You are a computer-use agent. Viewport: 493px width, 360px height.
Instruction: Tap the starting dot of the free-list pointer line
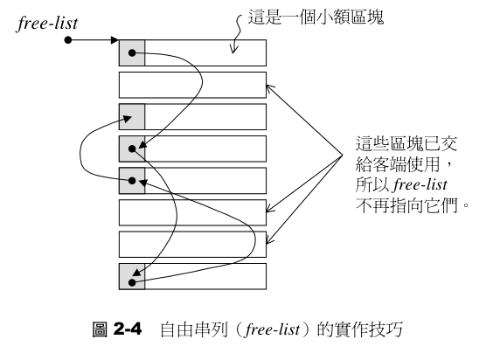click(x=68, y=40)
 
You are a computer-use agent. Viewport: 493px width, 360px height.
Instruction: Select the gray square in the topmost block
click(x=131, y=53)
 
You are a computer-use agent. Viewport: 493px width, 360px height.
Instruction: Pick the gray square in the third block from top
click(x=131, y=117)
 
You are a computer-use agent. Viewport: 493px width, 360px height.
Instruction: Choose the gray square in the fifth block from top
click(x=131, y=180)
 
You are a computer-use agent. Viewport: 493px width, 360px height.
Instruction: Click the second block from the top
click(x=192, y=85)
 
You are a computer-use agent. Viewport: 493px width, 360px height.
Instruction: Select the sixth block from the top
click(x=192, y=212)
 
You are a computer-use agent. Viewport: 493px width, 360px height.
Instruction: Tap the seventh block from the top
click(x=192, y=244)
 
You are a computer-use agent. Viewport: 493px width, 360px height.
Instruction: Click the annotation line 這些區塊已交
click(x=401, y=144)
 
